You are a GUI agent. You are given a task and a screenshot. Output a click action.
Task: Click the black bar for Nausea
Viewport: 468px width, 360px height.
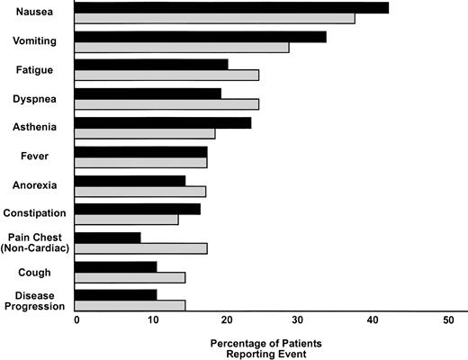coord(231,7)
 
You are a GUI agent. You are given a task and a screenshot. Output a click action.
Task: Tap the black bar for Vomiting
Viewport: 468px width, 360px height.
coord(200,37)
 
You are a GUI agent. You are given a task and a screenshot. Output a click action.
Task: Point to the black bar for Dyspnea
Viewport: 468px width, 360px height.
coord(148,93)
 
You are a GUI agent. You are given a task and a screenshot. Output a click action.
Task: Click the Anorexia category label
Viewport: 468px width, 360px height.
coord(35,185)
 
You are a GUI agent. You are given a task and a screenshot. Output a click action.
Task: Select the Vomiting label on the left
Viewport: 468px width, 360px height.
coord(36,40)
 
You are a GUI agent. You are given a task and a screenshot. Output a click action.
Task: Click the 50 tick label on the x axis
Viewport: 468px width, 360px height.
coord(448,320)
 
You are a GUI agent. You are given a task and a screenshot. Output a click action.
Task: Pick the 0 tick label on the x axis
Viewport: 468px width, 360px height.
coord(76,320)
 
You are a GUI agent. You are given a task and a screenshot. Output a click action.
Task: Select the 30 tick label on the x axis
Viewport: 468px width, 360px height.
coord(299,320)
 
